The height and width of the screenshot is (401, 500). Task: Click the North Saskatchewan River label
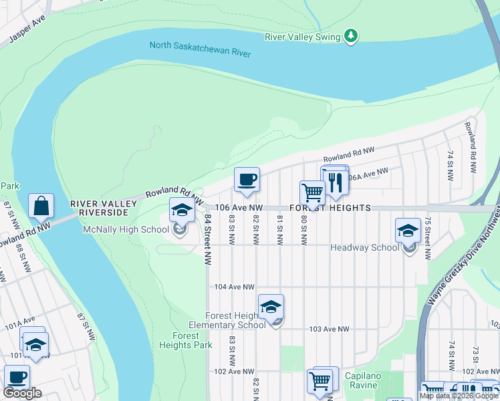pyautogui.click(x=200, y=49)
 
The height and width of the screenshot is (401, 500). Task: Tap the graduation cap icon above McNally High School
pyautogui.click(x=181, y=211)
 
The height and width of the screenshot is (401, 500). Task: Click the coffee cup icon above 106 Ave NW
pyautogui.click(x=247, y=180)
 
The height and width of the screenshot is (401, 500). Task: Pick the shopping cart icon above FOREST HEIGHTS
pyautogui.click(x=312, y=193)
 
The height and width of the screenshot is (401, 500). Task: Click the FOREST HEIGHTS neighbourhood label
pyautogui.click(x=330, y=208)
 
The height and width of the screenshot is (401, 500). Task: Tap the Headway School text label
pyautogui.click(x=365, y=247)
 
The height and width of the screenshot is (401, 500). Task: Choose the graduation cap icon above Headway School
pyautogui.click(x=408, y=231)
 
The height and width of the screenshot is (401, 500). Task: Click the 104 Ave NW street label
pyautogui.click(x=234, y=287)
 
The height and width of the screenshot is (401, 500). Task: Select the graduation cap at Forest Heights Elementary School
pyautogui.click(x=271, y=307)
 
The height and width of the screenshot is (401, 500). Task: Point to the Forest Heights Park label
pyautogui.click(x=185, y=340)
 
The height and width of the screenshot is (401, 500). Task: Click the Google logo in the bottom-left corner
pyautogui.click(x=22, y=393)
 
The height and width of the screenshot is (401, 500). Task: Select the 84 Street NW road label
pyautogui.click(x=209, y=238)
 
